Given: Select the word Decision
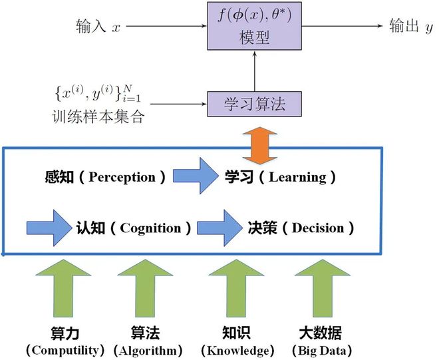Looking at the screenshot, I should pos(317,228).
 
